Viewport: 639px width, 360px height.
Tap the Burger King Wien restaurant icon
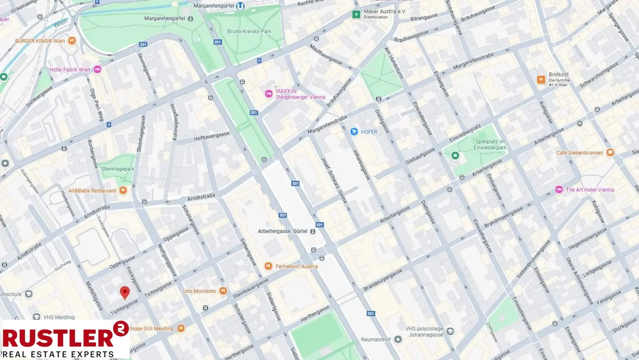click(x=72, y=41)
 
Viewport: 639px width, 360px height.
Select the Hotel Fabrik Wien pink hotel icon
click(x=97, y=70)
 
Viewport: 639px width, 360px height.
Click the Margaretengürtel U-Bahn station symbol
click(x=240, y=6)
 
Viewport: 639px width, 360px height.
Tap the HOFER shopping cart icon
click(x=354, y=132)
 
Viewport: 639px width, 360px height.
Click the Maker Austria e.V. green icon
click(x=356, y=15)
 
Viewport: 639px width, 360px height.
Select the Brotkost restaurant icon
click(x=541, y=80)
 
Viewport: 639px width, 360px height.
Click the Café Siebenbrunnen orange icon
click(x=610, y=153)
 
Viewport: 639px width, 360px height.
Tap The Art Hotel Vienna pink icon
click(x=559, y=190)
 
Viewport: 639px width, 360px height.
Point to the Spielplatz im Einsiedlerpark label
click(x=490, y=144)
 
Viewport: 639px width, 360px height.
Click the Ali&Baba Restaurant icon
click(x=123, y=191)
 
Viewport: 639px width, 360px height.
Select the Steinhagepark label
click(x=118, y=169)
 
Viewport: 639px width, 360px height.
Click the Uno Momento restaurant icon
click(x=223, y=291)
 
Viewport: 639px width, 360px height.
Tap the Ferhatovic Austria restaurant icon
click(x=268, y=266)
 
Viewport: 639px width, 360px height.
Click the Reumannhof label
click(x=375, y=340)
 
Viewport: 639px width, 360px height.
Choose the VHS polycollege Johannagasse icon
click(x=450, y=332)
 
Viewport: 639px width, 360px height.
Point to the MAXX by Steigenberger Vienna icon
click(x=269, y=94)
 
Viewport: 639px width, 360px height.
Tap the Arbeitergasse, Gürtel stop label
click(x=282, y=231)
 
